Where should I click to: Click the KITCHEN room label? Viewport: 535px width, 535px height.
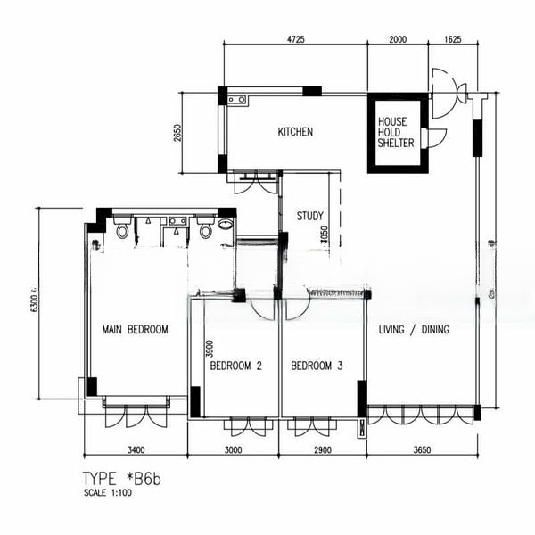click(x=295, y=132)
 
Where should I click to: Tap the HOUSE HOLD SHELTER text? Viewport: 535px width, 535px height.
click(x=396, y=132)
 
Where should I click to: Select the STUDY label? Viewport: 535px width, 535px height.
click(x=309, y=216)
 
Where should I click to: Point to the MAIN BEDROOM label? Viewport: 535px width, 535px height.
click(x=136, y=330)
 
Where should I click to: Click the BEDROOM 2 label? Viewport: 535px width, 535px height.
click(x=235, y=366)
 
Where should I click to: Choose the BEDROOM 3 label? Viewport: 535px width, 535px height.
click(x=317, y=366)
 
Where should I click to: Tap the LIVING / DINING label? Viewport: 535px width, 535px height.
click(x=414, y=330)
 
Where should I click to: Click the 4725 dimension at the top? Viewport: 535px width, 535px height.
click(x=295, y=39)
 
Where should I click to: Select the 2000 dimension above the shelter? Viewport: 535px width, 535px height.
click(x=398, y=39)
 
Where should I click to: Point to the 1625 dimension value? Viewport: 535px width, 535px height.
click(x=452, y=39)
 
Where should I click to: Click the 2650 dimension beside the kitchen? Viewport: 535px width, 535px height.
click(x=177, y=133)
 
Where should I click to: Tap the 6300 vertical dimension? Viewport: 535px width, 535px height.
click(x=35, y=302)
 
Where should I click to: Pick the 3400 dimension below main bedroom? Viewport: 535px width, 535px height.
click(x=136, y=450)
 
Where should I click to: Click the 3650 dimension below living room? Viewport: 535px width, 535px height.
click(x=422, y=450)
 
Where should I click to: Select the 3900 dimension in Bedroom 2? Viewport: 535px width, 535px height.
click(x=210, y=349)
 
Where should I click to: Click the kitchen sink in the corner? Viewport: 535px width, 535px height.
click(x=237, y=100)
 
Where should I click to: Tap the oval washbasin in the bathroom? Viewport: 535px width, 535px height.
click(x=226, y=225)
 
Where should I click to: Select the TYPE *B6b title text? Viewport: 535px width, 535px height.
click(x=122, y=479)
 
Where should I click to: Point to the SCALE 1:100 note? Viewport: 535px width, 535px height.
click(x=108, y=493)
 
